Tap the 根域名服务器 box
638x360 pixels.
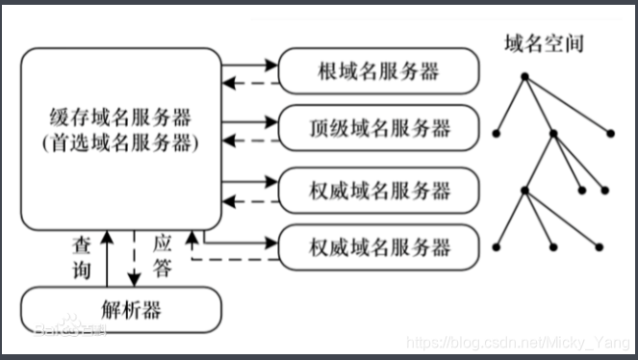click(378, 70)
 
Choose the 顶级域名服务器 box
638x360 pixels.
click(378, 126)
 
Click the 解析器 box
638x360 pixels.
click(120, 310)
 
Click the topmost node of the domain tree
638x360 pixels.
click(524, 76)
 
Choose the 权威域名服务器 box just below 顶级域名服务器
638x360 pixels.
click(378, 190)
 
